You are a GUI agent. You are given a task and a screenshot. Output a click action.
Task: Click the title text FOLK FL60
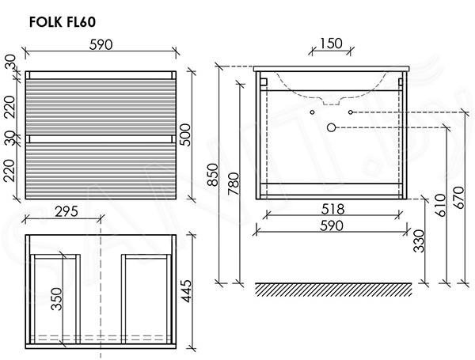[63, 22]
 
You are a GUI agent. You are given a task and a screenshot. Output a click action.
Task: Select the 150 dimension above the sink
[331, 44]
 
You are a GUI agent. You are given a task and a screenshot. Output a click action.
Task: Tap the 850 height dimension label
[213, 175]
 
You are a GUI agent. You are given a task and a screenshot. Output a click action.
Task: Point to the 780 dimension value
[234, 184]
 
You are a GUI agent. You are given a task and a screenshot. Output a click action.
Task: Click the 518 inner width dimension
[333, 209]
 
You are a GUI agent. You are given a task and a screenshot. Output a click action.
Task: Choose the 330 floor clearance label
[420, 241]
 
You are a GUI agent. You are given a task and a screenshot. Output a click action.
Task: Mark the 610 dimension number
[440, 205]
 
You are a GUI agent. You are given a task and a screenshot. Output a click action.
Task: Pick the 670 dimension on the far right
[459, 198]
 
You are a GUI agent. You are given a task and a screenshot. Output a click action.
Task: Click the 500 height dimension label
[185, 135]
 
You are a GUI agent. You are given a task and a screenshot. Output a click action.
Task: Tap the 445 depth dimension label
[186, 291]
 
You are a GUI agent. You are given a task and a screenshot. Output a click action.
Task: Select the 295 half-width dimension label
[66, 211]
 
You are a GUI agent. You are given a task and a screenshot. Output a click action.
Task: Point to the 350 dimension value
[56, 299]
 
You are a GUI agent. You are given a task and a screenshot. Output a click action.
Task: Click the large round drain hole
[332, 127]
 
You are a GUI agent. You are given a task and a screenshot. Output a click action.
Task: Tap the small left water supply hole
[313, 112]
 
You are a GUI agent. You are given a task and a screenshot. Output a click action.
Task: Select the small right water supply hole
[351, 112]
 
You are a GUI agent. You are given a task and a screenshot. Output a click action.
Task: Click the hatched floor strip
[333, 290]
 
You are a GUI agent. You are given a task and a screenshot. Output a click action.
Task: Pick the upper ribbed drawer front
[101, 107]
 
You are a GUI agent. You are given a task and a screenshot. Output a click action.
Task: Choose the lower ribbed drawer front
[101, 170]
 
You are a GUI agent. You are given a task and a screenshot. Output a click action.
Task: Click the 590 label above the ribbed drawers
[101, 45]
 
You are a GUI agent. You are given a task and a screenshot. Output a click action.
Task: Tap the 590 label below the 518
[332, 225]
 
